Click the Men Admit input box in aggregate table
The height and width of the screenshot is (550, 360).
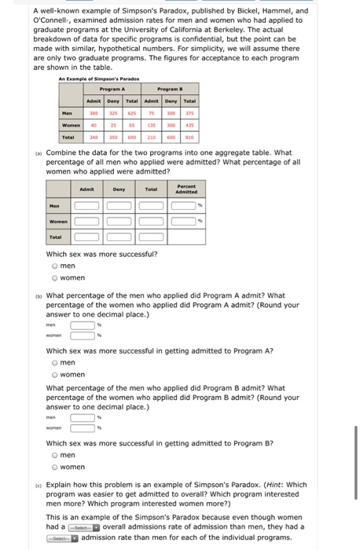tap(87, 206)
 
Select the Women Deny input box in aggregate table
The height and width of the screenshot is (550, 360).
tap(119, 221)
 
